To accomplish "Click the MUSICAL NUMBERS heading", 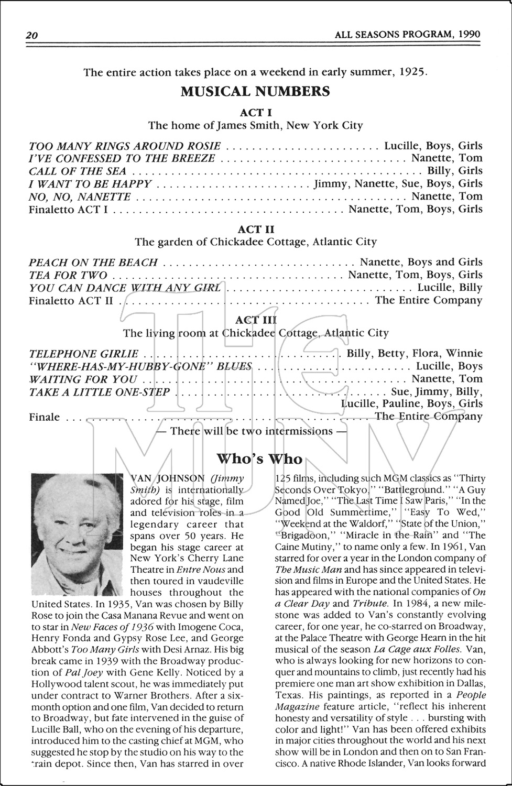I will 255,92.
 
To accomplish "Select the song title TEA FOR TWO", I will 68,275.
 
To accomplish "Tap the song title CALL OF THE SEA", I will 78,171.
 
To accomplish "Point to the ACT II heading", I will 256,229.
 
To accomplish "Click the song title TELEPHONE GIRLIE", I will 84,354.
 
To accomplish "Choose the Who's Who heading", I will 259,459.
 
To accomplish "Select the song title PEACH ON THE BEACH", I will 93,262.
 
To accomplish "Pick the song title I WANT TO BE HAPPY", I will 90,184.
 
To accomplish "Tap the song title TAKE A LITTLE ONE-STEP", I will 100,392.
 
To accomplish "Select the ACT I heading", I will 256,112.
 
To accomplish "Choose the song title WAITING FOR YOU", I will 83,379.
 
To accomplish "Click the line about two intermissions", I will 252,431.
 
